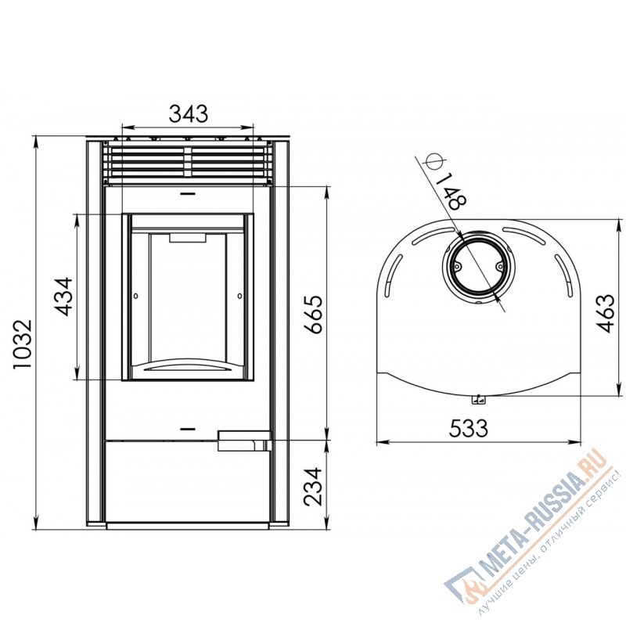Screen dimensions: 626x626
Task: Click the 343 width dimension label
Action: (x=189, y=113)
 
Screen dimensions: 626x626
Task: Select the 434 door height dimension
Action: (x=64, y=297)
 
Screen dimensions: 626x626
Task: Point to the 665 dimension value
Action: (x=312, y=315)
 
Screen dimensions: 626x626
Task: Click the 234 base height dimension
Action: (x=312, y=487)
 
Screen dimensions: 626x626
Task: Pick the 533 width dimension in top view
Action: (x=468, y=428)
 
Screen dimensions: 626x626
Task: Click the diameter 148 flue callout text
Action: (x=452, y=192)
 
